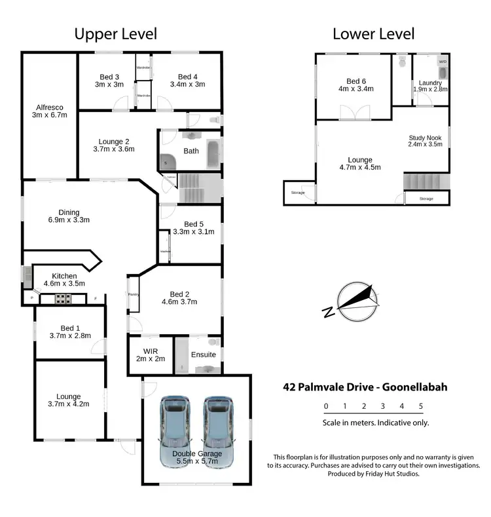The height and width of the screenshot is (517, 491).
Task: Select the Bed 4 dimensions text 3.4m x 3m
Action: click(187, 85)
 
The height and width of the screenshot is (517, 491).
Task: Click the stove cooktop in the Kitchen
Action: click(63, 299)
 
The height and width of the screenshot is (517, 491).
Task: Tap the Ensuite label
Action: click(203, 355)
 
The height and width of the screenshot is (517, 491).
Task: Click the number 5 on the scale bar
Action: click(421, 406)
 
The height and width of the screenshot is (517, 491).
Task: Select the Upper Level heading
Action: click(115, 34)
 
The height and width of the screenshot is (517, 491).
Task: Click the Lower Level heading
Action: click(373, 34)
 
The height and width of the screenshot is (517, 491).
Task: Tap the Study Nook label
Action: click(425, 138)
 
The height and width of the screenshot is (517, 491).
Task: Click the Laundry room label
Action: click(430, 83)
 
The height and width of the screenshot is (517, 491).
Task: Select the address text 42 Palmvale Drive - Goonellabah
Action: click(365, 387)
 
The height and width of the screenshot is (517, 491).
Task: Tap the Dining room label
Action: click(69, 212)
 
